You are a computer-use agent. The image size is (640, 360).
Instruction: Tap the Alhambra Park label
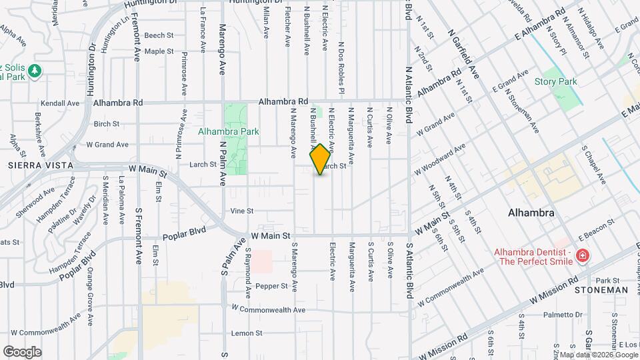click(229, 131)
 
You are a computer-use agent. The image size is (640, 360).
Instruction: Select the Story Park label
click(556, 81)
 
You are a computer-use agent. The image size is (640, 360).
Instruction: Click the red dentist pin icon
click(583, 255)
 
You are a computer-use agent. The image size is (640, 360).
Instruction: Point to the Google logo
click(22, 352)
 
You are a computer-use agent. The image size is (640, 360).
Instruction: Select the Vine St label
click(242, 211)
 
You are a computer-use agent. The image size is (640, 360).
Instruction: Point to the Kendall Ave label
click(61, 103)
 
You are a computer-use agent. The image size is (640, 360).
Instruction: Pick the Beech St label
click(159, 35)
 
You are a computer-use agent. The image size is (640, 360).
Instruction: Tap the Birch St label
click(107, 123)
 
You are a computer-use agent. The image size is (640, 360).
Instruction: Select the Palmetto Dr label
click(563, 315)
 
